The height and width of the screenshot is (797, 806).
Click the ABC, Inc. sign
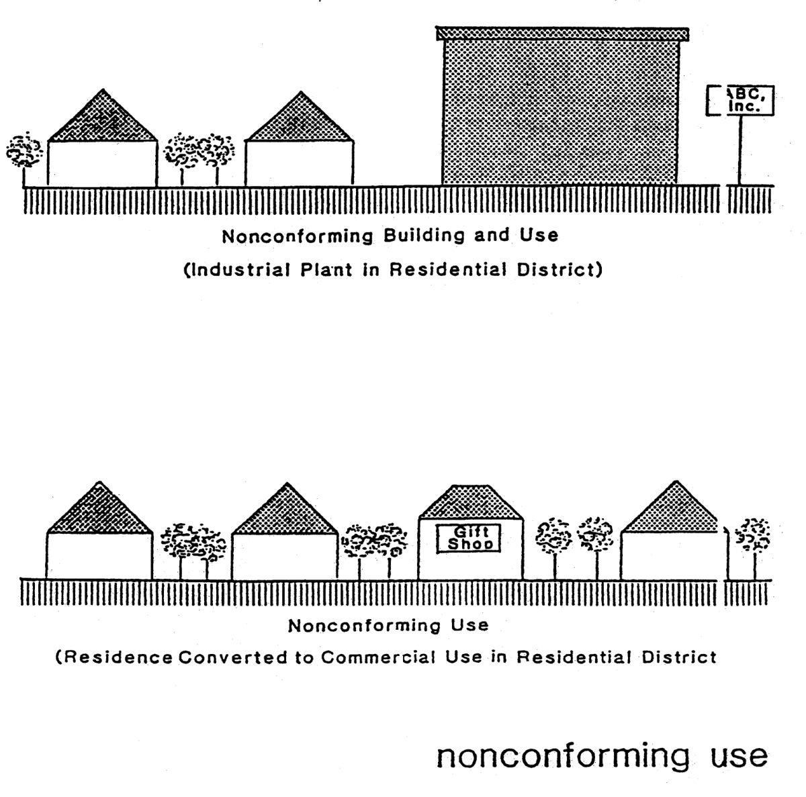pos(741,101)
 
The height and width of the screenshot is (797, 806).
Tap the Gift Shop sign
pos(469,538)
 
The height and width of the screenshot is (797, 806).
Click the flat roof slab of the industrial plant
pos(562,34)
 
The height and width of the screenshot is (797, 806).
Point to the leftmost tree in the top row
pos(24,153)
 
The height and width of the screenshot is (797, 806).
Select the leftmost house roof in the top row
pos(103,120)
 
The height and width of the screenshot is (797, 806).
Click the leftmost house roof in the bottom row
pos(100,512)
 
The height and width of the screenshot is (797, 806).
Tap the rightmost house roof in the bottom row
pos(674,512)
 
